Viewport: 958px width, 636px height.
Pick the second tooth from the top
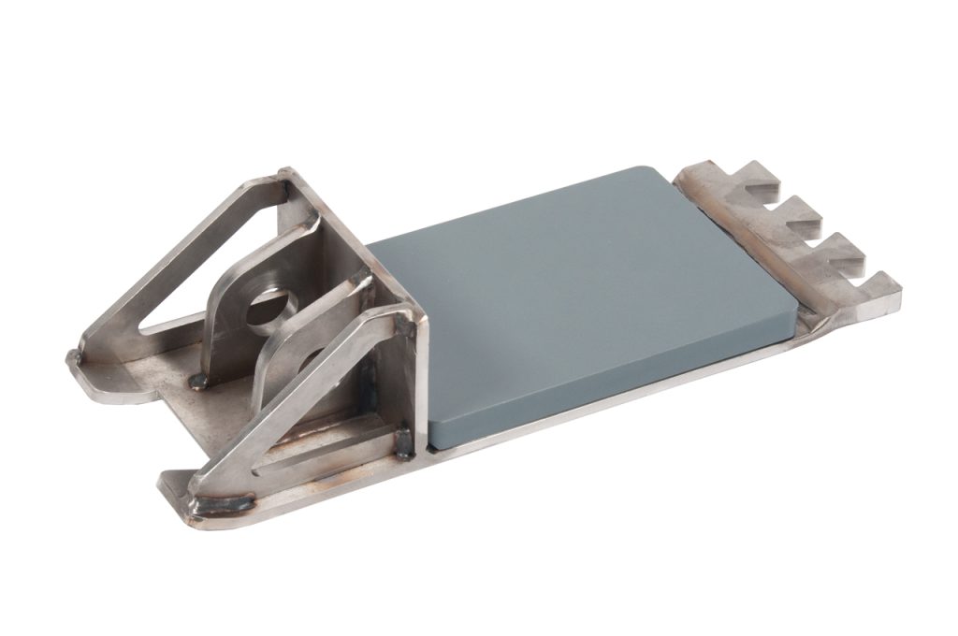point(805,210)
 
